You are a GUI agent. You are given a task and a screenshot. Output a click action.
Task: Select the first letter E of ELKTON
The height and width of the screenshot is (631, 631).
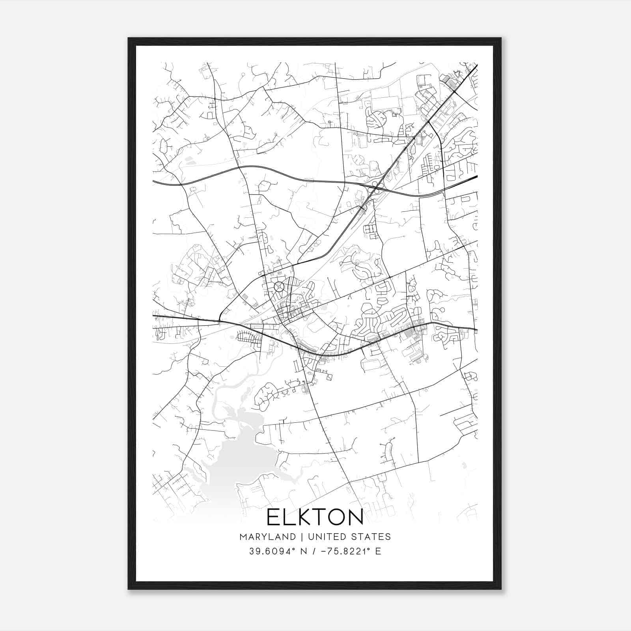click(x=273, y=517)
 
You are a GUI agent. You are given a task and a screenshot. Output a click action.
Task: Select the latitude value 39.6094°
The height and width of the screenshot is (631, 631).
click(x=272, y=551)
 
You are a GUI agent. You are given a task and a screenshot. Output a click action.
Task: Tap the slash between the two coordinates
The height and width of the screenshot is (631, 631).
click(x=314, y=551)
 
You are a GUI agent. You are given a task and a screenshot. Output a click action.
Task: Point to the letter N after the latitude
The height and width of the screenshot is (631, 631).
click(x=304, y=551)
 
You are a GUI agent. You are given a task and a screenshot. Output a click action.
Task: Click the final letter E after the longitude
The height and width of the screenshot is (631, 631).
click(x=378, y=551)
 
